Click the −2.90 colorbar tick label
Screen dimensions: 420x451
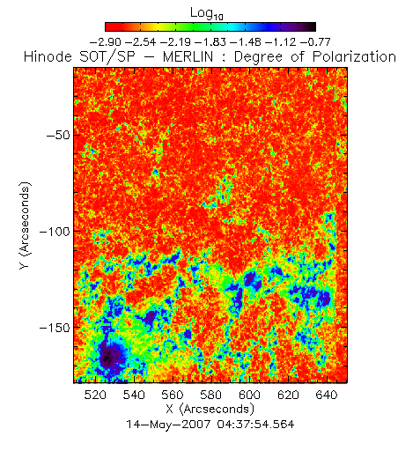(x=105, y=42)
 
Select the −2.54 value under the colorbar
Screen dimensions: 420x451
(x=140, y=42)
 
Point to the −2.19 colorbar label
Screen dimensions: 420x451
(x=175, y=42)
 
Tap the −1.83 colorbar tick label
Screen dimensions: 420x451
(x=210, y=42)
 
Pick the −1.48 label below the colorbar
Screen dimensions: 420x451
(x=246, y=42)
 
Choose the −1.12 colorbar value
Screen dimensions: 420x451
(x=280, y=42)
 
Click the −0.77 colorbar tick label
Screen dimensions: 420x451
(x=315, y=42)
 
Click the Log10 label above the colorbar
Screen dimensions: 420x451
(x=207, y=14)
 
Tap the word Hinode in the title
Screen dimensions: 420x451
(x=48, y=56)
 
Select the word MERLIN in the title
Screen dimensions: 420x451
(x=188, y=56)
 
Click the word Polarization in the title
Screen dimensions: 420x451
(x=355, y=56)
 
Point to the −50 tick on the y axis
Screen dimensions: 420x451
(x=58, y=135)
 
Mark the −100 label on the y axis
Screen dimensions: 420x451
(x=55, y=232)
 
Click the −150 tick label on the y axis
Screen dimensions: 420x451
(x=55, y=328)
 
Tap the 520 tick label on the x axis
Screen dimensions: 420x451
(x=95, y=395)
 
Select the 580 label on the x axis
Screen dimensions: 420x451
(x=210, y=395)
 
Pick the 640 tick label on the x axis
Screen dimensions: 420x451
(x=327, y=395)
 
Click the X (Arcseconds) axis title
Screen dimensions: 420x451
(x=210, y=409)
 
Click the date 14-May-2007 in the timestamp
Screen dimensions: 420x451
(x=168, y=425)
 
